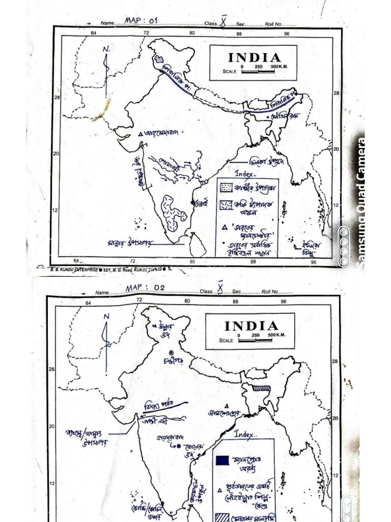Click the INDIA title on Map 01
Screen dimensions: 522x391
(x=254, y=58)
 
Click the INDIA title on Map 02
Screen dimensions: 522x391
(x=252, y=326)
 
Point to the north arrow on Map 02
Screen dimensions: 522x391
(x=106, y=342)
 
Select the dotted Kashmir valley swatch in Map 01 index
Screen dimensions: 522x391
(x=226, y=188)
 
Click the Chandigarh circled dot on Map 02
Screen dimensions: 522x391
(x=172, y=353)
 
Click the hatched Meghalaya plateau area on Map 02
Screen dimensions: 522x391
(x=261, y=388)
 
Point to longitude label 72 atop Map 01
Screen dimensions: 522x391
(x=146, y=33)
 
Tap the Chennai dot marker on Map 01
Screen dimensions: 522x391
(x=192, y=202)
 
